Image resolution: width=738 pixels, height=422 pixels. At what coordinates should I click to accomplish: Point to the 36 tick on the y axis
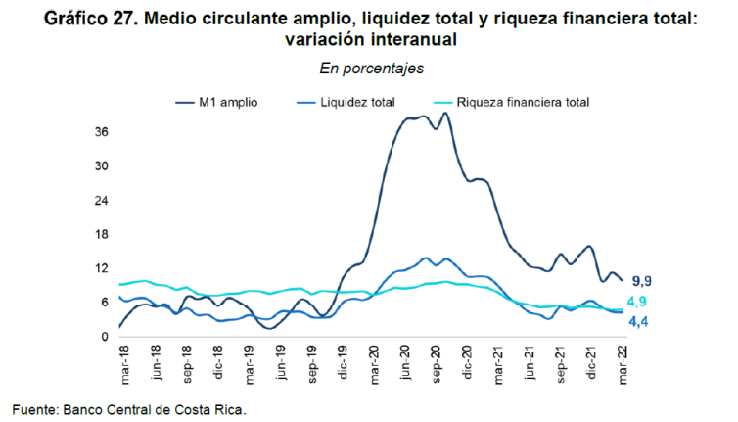[101, 132]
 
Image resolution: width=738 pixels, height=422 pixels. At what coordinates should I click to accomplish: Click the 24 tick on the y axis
[101, 201]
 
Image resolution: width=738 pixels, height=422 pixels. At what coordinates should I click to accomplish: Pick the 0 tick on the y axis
[104, 337]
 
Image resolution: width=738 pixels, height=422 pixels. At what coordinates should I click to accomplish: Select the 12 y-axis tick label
[101, 268]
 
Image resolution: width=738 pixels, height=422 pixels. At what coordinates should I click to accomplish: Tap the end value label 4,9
[637, 302]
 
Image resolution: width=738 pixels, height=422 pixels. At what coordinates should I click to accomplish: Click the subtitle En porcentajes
[371, 69]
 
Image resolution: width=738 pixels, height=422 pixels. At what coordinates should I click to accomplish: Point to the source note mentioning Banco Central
[128, 408]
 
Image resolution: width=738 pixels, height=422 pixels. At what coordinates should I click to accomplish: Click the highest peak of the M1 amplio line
[445, 113]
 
